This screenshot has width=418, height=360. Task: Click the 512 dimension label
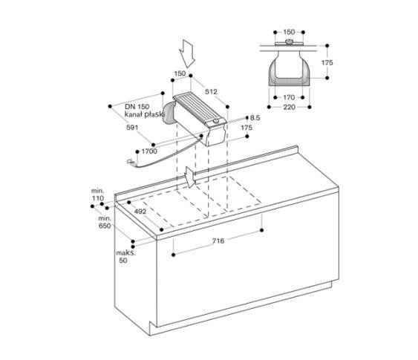tap(211, 91)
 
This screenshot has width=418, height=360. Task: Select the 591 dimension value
tap(132, 128)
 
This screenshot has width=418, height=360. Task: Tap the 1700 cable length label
tap(149, 151)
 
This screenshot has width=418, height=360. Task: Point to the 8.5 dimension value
tap(255, 118)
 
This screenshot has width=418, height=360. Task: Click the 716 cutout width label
tap(218, 241)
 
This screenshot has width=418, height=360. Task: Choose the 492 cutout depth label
tap(140, 212)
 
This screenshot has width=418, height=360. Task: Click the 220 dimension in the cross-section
tap(290, 107)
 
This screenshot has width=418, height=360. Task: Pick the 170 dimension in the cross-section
tap(289, 97)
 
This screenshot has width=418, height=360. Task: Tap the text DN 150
tap(137, 107)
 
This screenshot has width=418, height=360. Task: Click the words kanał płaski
tap(144, 114)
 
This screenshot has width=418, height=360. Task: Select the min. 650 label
tap(105, 222)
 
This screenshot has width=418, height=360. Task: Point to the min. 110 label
tap(98, 194)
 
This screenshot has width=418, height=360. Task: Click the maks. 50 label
tap(125, 257)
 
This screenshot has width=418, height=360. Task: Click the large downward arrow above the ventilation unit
tap(187, 54)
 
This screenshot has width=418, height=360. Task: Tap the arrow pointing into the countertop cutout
tap(190, 177)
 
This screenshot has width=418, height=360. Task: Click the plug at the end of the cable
tap(130, 161)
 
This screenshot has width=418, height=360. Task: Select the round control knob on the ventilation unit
tap(216, 121)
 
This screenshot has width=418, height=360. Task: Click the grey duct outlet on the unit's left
tap(168, 114)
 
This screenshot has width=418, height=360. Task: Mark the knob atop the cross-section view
tap(289, 42)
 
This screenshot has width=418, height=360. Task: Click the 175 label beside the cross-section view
tap(327, 62)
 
